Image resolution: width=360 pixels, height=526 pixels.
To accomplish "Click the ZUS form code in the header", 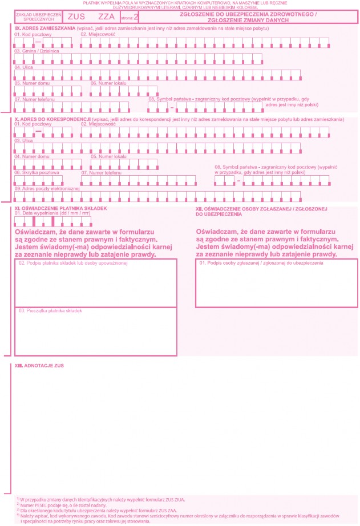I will tap(76, 17).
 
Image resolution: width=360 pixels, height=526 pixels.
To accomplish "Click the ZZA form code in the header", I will tap(106, 17).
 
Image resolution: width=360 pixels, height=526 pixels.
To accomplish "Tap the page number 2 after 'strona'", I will tap(136, 17).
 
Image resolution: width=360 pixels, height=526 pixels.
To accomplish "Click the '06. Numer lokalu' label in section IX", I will tap(108, 83).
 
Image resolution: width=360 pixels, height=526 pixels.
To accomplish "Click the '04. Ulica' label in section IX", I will tap(24, 67).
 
